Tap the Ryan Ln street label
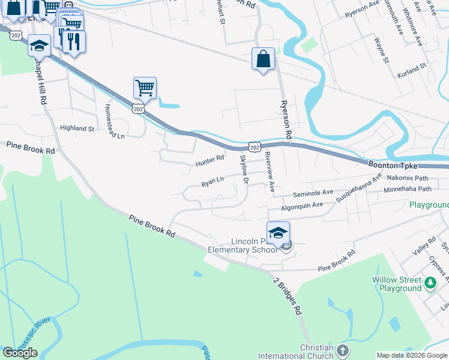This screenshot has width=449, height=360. point(212,180)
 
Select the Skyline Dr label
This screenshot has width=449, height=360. point(244,169)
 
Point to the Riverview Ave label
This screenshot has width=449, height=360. point(270,172)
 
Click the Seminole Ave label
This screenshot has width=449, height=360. point(312,193)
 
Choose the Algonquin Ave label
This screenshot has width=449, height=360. point(302,205)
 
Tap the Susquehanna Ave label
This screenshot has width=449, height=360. point(359,187)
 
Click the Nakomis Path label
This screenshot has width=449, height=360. point(408,178)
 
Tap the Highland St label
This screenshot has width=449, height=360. point(77,128)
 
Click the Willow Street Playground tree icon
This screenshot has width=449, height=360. point(430,282)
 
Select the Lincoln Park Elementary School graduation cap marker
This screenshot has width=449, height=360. point(279,233)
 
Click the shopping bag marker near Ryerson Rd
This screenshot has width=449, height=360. point(263,59)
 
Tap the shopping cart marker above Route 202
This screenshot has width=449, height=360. point(145,88)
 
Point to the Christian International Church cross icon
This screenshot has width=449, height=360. point(342,350)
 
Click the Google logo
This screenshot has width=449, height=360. point(20,353)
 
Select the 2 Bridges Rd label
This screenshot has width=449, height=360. point(288,297)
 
